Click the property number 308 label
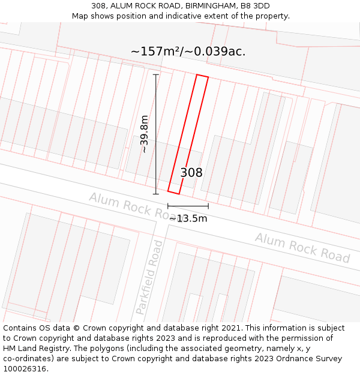191,173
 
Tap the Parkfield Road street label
149,277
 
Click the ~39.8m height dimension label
145,134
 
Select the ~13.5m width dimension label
188,218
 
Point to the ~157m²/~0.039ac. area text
188,52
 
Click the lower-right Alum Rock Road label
302,247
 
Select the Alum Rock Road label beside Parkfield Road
132,205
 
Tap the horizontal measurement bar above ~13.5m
188,206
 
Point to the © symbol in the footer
76,328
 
